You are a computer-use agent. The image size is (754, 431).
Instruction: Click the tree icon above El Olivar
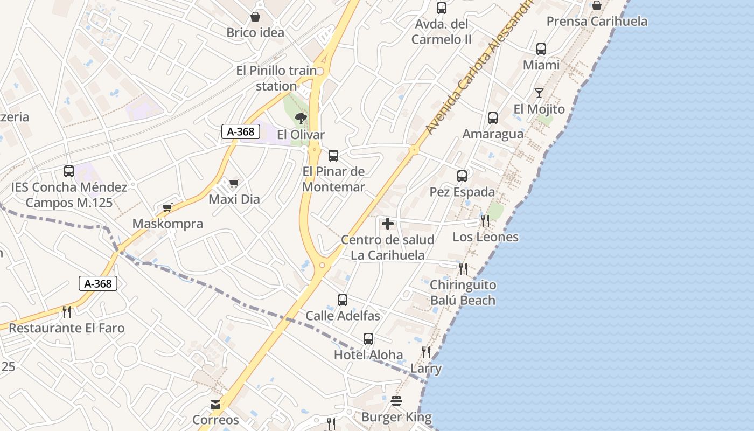pos(301,118)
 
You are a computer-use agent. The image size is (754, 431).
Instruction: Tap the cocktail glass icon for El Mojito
pos(539,93)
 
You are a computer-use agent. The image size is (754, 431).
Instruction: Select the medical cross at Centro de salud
pos(388,224)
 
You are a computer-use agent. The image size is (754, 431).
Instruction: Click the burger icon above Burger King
pos(396,401)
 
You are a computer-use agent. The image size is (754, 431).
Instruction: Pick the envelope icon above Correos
pos(215,404)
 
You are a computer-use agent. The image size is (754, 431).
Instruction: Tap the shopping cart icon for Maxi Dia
pos(234,184)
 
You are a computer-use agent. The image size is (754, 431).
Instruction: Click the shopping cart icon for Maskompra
pos(167,207)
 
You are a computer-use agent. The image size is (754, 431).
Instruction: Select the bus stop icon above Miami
pos(541,49)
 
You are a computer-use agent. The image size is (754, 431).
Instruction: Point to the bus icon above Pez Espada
pos(462,176)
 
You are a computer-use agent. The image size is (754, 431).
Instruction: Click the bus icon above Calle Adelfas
pos(343,300)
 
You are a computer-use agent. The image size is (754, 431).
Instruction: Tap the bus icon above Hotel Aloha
pos(368,338)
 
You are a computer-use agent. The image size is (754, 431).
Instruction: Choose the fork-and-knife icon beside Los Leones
pos(485,221)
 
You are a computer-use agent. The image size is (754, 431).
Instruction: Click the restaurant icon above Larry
pos(426,352)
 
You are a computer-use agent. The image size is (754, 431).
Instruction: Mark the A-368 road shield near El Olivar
pos(241,131)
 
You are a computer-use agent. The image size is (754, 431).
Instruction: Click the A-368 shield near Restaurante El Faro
pos(98,283)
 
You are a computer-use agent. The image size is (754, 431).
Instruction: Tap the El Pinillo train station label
pos(277,78)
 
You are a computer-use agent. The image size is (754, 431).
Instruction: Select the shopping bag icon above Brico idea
pos(255,17)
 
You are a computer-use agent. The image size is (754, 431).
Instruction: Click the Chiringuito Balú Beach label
pos(463,292)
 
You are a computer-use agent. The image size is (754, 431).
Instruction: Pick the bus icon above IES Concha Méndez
pos(69,171)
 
